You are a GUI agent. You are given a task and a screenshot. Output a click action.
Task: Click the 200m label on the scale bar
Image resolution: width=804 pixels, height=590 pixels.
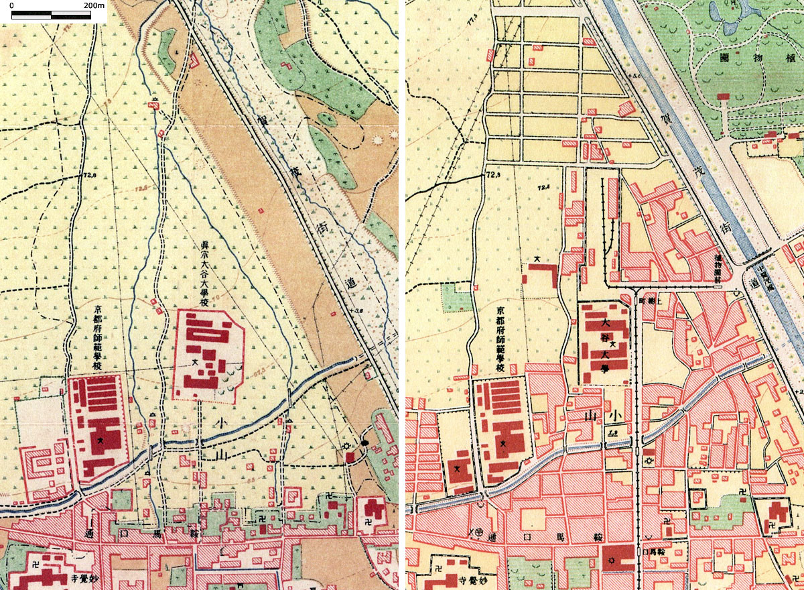click(95, 6)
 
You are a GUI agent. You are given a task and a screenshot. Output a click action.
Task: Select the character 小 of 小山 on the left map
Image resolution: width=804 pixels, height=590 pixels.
click(221, 423)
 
